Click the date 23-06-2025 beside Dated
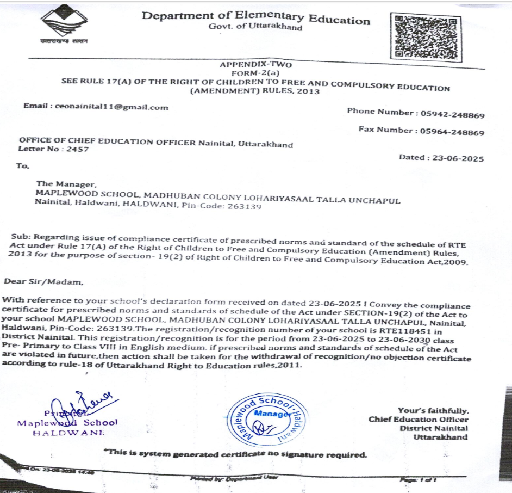(457, 158)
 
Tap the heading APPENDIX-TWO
(256, 64)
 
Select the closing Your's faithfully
(433, 411)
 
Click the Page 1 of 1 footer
(418, 479)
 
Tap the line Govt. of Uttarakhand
(255, 27)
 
